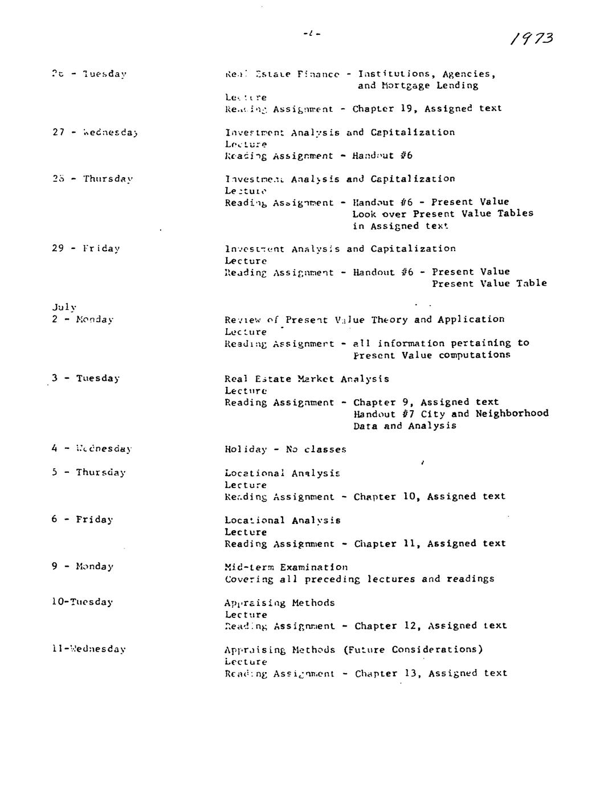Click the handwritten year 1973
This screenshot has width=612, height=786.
click(x=531, y=38)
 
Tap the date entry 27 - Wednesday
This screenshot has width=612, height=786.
click(x=95, y=133)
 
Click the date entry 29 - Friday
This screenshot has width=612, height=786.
click(x=85, y=248)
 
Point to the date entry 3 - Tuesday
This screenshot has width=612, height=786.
click(x=85, y=378)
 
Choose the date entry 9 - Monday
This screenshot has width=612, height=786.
click(x=83, y=566)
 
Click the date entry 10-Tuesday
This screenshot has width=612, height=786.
click(x=82, y=602)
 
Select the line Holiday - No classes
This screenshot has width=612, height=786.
click(x=285, y=449)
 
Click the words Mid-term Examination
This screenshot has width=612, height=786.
click(x=285, y=567)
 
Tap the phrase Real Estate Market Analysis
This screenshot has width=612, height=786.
click(x=307, y=379)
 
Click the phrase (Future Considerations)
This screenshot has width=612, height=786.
click(x=413, y=649)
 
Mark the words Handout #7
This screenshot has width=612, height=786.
click(x=382, y=414)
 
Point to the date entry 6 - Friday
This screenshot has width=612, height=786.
click(x=82, y=519)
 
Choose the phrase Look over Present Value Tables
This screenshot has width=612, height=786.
click(x=442, y=214)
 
